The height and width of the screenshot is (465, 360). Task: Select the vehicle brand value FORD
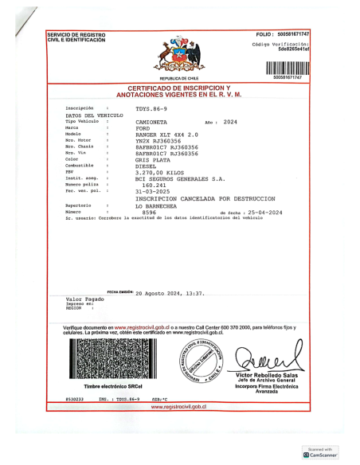(x=143, y=127)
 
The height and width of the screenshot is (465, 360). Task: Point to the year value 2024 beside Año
(x=231, y=122)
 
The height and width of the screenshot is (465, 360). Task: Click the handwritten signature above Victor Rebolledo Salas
(x=275, y=356)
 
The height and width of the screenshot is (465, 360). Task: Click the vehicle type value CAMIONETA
(x=152, y=122)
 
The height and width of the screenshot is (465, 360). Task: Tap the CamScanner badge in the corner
(x=322, y=452)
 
